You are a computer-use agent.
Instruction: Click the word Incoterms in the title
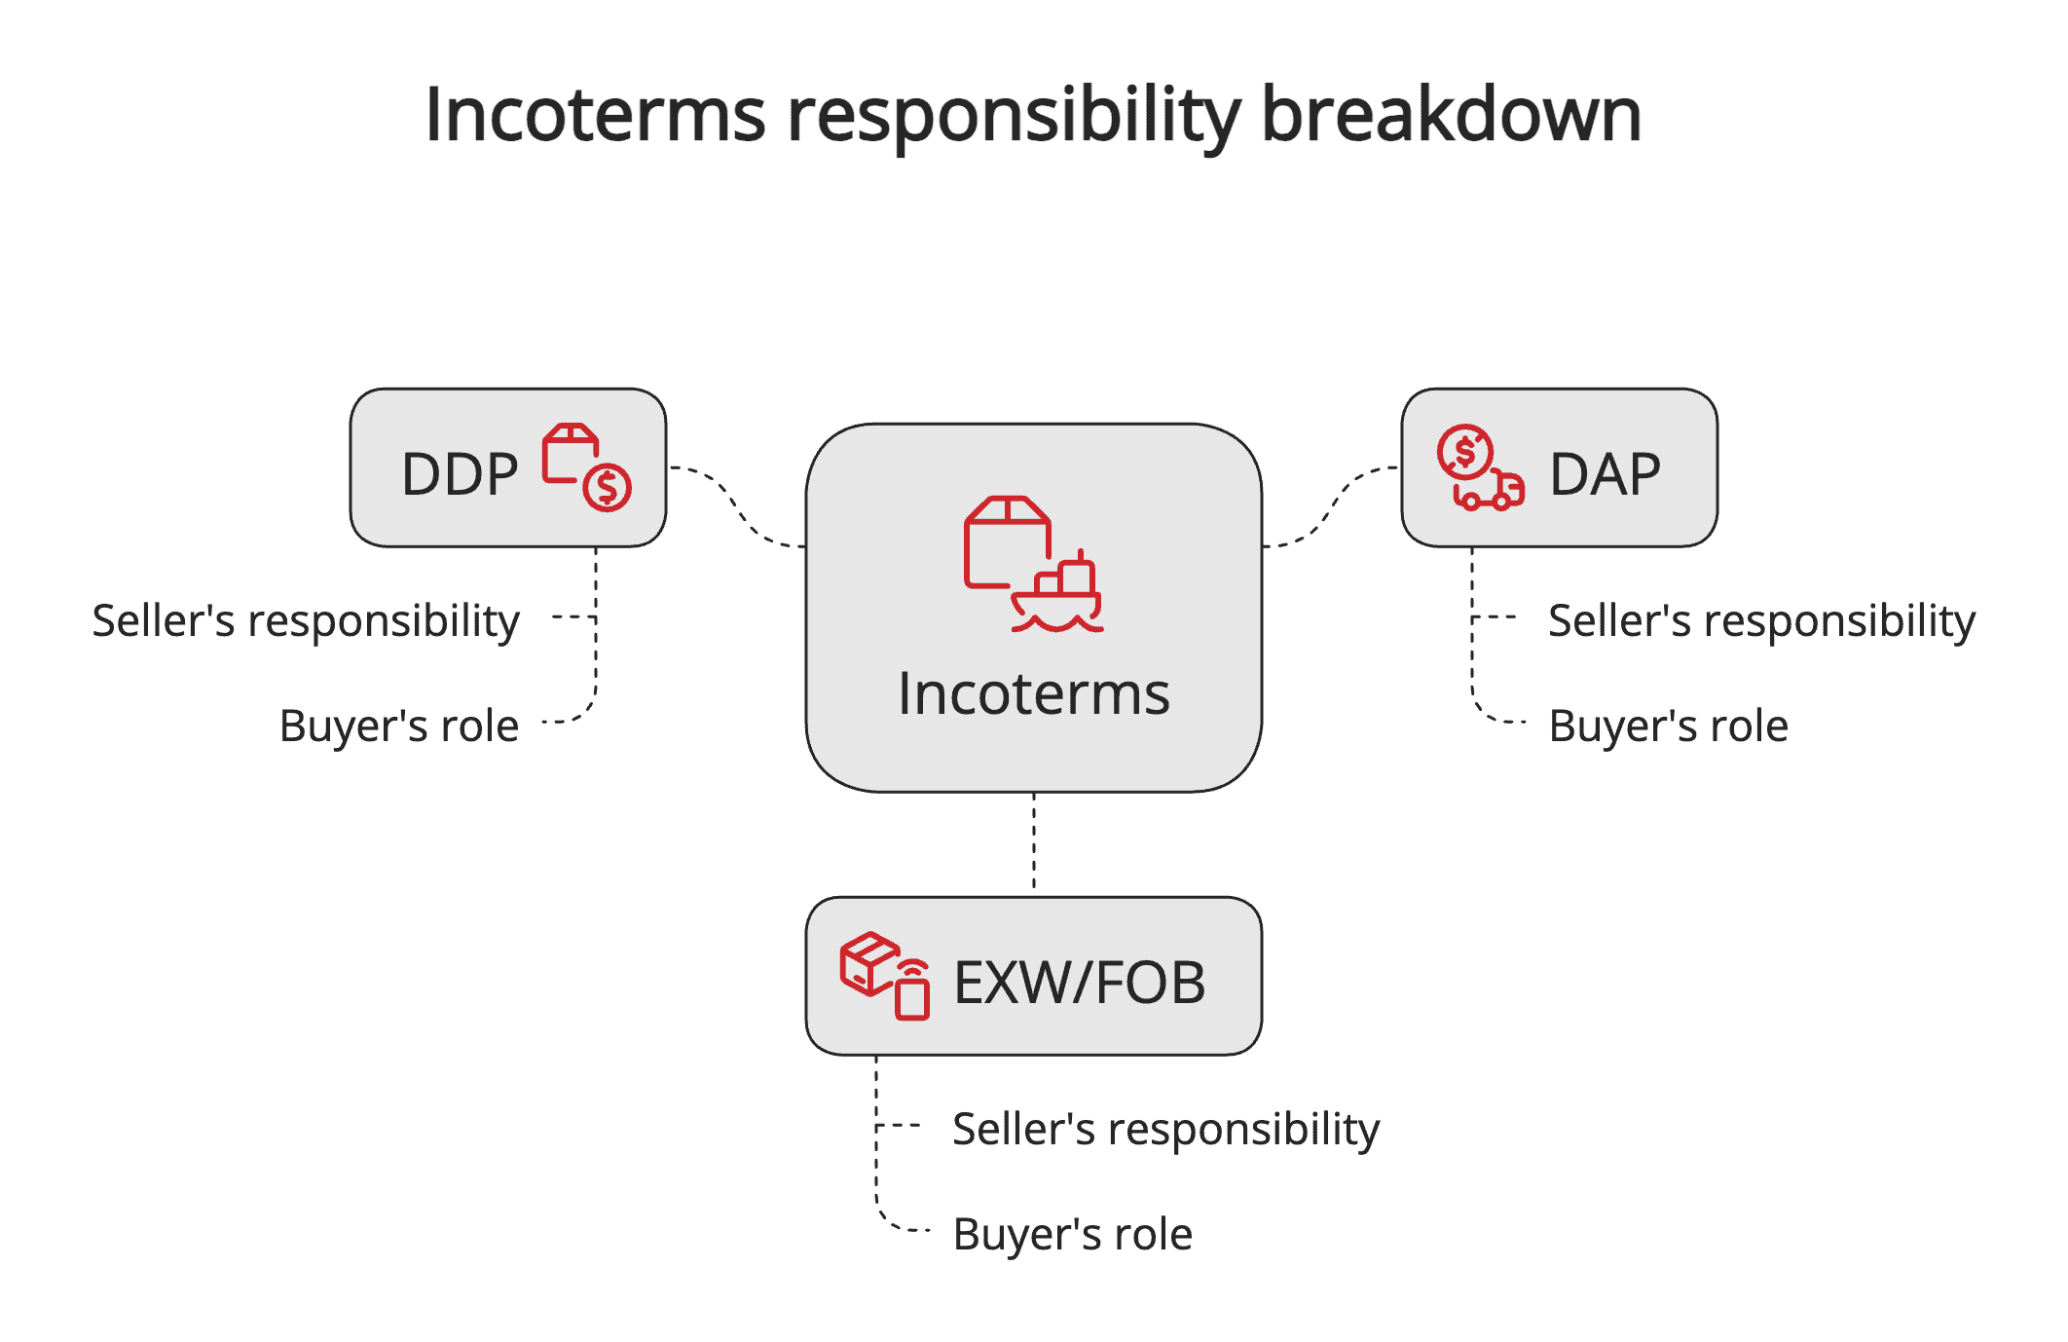[595, 115]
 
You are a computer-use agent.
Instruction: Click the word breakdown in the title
[1451, 115]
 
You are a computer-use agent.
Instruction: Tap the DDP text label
[460, 475]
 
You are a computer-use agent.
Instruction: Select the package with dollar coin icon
[586, 467]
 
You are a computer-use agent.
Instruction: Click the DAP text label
[1605, 475]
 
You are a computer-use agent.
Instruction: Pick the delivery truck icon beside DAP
[1480, 467]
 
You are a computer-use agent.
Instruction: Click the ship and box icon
[1033, 564]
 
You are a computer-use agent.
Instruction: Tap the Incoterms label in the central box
[1033, 694]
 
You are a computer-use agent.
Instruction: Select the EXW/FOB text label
[1079, 983]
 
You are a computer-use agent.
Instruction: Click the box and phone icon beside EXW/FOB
[884, 976]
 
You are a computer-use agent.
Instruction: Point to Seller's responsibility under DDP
[306, 621]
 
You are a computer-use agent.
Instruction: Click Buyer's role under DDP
[398, 727]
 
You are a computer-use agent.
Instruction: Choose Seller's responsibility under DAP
[1761, 621]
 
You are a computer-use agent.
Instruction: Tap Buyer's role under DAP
[1668, 727]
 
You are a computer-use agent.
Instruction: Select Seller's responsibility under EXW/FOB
[1165, 1130]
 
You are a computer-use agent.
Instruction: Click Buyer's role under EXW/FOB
[1072, 1235]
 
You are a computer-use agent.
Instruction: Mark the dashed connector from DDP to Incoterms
[737, 506]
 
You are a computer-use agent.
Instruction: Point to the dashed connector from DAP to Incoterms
[1331, 506]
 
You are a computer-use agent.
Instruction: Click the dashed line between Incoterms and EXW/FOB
[1034, 843]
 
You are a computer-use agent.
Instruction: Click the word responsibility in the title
[1013, 115]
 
